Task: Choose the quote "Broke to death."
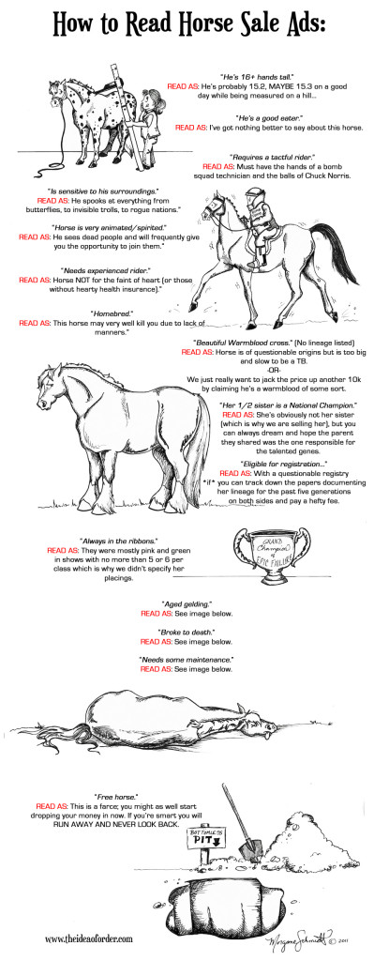point(187,633)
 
